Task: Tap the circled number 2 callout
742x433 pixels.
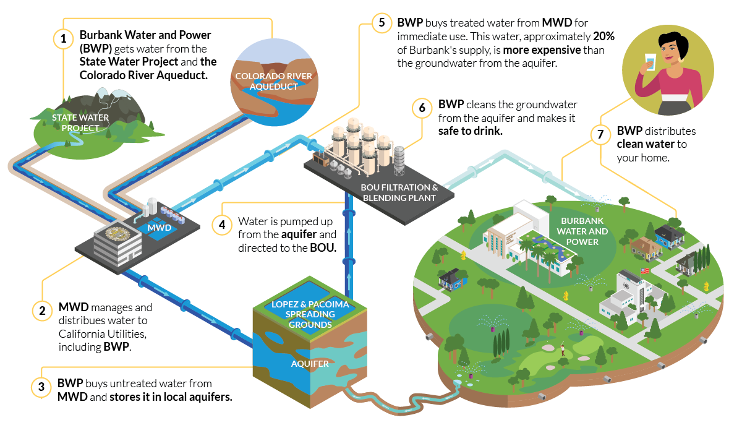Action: (x=42, y=311)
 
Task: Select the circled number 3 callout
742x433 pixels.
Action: (x=41, y=387)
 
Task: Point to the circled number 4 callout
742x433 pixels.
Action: (x=221, y=225)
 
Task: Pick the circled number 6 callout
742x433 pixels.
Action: (x=422, y=108)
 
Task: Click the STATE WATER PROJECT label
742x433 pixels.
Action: (x=80, y=122)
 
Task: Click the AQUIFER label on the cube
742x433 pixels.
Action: (x=310, y=364)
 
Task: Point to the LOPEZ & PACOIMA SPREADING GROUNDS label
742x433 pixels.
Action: (x=310, y=314)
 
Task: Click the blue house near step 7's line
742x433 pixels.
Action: (x=667, y=235)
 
